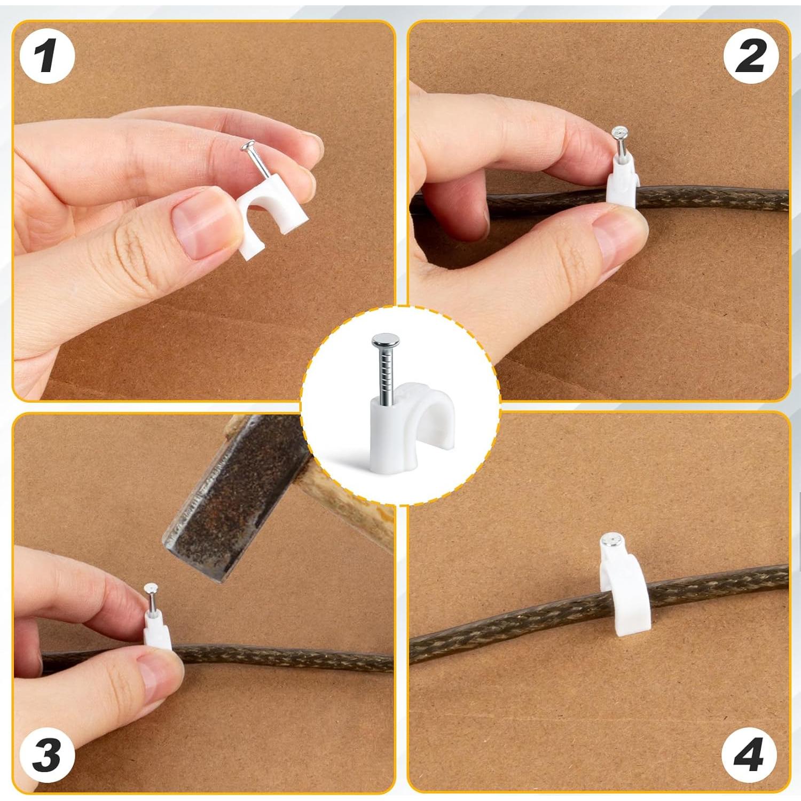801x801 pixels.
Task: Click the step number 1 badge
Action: coord(47,57)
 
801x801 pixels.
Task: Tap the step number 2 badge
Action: coord(751,57)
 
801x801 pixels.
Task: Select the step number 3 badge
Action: coord(47,755)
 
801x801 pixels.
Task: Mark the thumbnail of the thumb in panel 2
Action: coord(614,240)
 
